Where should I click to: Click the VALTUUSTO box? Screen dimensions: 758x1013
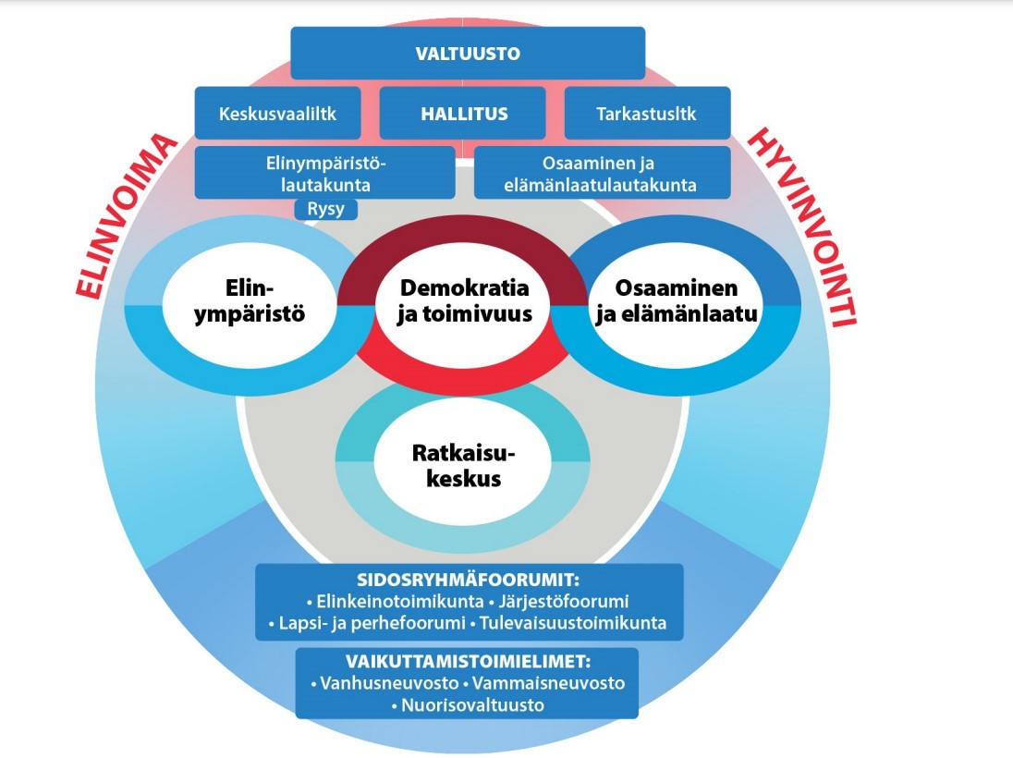tap(467, 53)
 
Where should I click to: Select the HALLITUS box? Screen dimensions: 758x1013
tap(464, 114)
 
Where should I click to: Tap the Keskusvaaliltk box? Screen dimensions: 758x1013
tap(277, 114)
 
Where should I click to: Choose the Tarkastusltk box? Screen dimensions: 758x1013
tap(647, 114)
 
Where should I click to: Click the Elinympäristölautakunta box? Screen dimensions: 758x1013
tap(324, 172)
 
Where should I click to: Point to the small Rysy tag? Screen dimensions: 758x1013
tap(325, 209)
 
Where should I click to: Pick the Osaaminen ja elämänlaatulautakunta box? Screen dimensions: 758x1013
tap(602, 172)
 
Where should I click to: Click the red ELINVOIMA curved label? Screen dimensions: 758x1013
tap(125, 217)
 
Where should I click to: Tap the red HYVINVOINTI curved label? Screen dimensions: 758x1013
tap(802, 226)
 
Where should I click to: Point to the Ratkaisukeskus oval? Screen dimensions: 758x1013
tap(462, 465)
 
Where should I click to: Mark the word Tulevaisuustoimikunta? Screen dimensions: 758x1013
tap(572, 622)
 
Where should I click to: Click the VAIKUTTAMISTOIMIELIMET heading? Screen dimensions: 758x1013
tap(467, 662)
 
